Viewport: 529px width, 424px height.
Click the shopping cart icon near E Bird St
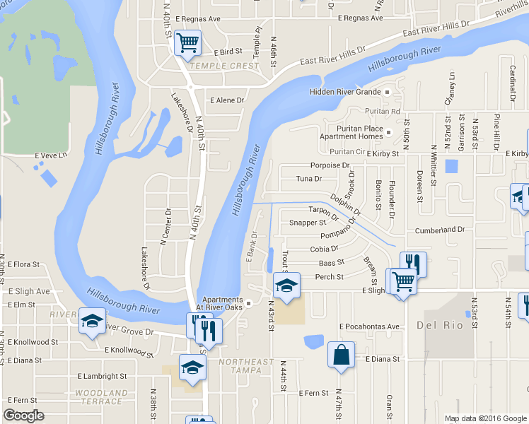coord(187,44)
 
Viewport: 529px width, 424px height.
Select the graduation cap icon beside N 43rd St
coord(286,285)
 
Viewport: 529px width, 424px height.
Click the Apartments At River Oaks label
coord(223,302)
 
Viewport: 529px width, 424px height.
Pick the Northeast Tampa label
coord(245,362)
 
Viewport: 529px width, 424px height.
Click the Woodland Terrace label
coord(101,397)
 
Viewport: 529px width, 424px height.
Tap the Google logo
coord(23,416)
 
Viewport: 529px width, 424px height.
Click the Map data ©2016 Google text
coord(484,418)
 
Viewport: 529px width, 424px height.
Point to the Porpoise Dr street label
coord(330,165)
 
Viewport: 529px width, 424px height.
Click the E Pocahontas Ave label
coord(369,326)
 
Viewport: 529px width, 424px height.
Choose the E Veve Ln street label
coord(50,155)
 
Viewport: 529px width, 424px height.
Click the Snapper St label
coord(307,223)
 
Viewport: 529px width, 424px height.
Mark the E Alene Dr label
coord(226,101)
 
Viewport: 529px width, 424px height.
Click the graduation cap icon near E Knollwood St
coord(92,322)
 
